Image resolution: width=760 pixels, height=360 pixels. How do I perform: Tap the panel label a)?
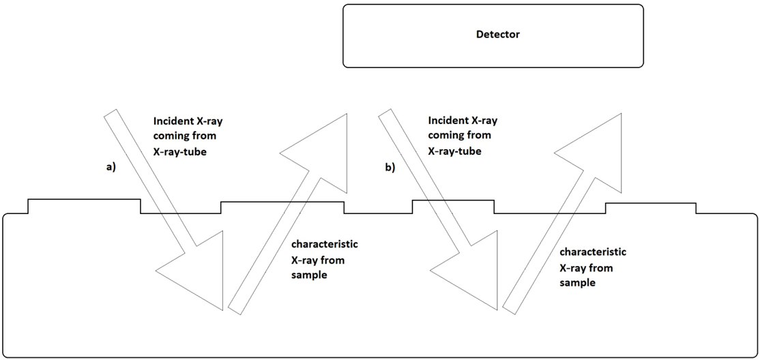pos(111,167)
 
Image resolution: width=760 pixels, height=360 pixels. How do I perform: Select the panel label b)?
pos(390,168)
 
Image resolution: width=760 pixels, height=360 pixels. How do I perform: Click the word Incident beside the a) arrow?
pos(171,120)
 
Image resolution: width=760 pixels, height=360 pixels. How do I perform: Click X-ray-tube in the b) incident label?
pos(454,151)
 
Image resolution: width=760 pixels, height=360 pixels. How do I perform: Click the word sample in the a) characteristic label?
pos(307,275)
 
